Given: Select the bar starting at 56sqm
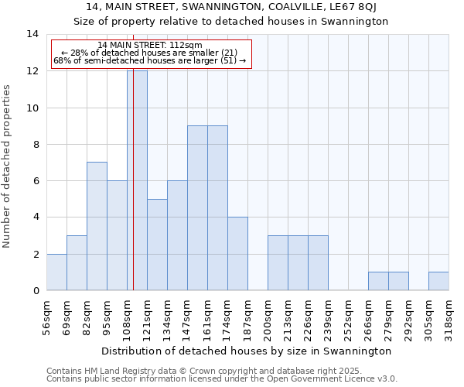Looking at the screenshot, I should [x=56, y=272].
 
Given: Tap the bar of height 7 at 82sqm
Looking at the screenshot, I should [x=97, y=226].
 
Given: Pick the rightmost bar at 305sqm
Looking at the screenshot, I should [x=438, y=281].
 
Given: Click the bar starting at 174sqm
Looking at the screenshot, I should [x=237, y=253].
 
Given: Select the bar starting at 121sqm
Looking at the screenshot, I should [x=157, y=245].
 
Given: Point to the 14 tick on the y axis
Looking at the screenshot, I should [x=32, y=34].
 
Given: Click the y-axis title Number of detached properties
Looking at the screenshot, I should [x=8, y=166].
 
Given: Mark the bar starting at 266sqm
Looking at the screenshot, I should [x=378, y=281].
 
